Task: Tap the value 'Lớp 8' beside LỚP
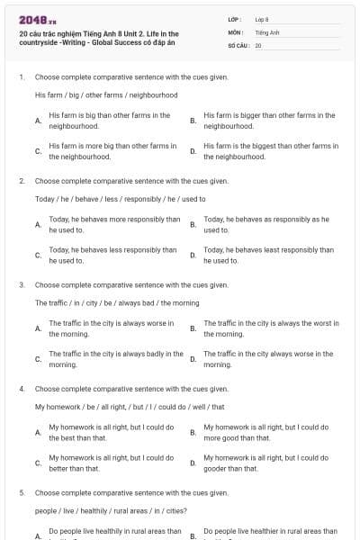(x=263, y=19)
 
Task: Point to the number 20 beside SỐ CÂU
(x=258, y=45)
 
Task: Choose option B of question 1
(x=269, y=121)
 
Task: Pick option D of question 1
(x=271, y=150)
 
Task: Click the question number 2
(x=21, y=181)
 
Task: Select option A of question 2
(x=113, y=224)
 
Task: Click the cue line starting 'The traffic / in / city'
(x=117, y=303)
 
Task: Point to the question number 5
(x=21, y=493)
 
